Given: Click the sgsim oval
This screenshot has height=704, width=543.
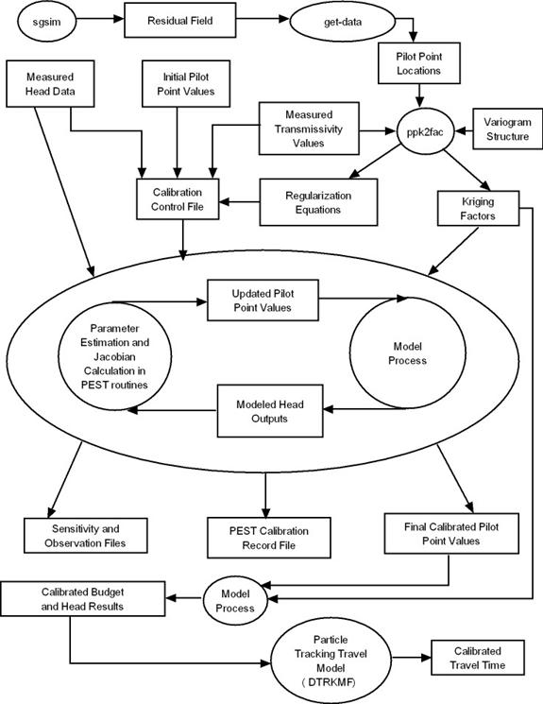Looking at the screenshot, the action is pos(46,21).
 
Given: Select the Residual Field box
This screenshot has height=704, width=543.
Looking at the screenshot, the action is pos(180,20).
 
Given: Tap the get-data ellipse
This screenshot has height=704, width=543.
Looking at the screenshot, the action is pos(343,21).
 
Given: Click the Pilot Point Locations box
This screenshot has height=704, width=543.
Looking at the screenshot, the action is pos(419,63).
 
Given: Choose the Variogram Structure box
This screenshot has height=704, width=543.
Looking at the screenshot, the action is pos(507,129).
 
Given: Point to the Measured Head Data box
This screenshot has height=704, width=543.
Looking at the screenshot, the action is pos(50,84).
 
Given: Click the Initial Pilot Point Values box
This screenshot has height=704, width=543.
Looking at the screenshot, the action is pos(186,84).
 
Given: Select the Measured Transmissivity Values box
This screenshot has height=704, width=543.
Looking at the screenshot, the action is pos(309,129).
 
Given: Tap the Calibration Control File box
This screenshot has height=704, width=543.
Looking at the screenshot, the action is pos(178,199).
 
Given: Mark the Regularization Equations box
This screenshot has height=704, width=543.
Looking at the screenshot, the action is pos(318,202).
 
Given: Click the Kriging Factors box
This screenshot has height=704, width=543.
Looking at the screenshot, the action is pos(479,208).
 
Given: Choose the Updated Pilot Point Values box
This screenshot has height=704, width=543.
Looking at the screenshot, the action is pos(263,300).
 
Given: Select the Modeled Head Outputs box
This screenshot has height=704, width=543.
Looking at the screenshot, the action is pos(270,411).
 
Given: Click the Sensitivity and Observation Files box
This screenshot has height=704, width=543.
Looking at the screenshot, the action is pos(85,536).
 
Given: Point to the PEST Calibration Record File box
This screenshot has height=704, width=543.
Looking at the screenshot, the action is pos(269,538).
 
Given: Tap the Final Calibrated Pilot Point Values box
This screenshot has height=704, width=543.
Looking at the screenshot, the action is pos(451,533).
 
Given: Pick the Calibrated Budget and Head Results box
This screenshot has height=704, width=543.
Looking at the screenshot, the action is pos(82,599).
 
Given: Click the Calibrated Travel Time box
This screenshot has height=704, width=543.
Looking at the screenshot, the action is pos(478,658).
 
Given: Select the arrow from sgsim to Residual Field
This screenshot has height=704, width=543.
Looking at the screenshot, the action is pos(100,19).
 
